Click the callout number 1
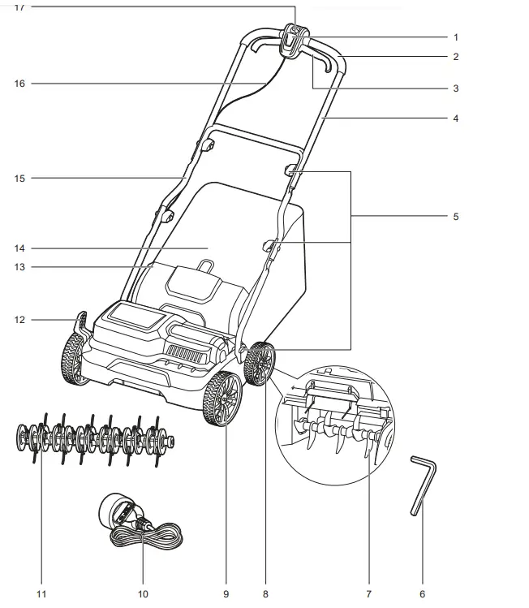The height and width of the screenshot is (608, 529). (456, 37)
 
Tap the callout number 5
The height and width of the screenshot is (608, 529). (456, 217)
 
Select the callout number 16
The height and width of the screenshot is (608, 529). (20, 83)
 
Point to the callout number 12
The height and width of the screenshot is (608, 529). (20, 320)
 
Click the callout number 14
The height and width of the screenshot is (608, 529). (20, 248)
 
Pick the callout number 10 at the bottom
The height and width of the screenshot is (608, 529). (144, 593)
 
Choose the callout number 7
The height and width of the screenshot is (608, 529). (369, 593)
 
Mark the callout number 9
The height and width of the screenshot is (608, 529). (226, 593)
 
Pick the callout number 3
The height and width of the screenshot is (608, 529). (456, 88)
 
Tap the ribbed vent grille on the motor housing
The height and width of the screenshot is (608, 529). (188, 353)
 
